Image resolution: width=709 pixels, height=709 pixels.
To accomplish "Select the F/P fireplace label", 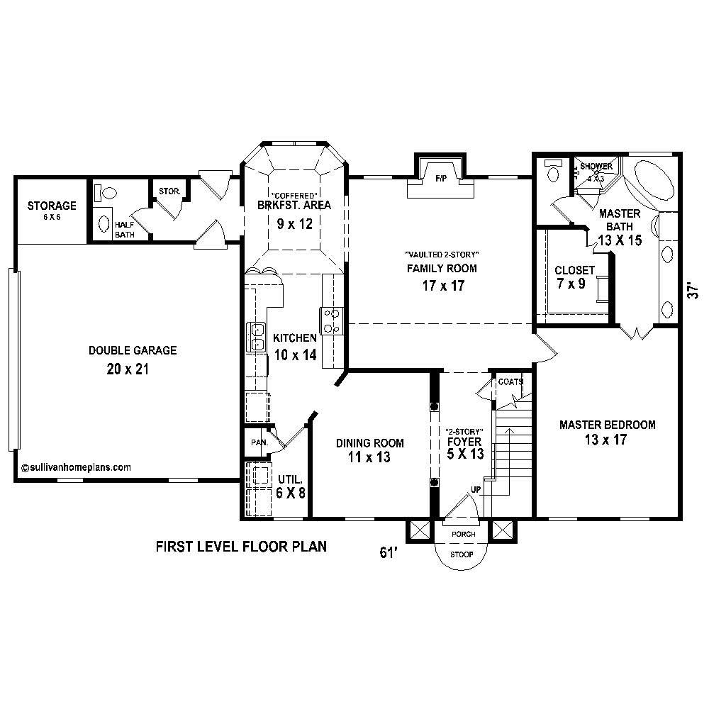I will tap(440, 181).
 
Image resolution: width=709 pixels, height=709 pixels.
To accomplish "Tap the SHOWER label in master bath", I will tap(596, 167).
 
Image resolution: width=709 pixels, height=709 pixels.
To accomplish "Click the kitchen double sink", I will tap(255, 337).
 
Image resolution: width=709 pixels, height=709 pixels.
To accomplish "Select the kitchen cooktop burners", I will tap(332, 320).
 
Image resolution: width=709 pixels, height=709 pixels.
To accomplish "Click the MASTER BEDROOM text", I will tap(607, 425).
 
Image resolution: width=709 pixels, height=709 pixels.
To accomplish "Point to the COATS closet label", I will tap(510, 382).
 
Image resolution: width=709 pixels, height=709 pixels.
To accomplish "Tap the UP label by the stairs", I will tap(475, 490).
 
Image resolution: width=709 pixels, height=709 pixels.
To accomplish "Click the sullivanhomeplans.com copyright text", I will tap(76, 468).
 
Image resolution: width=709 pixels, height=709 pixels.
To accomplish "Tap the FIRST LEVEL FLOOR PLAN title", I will tap(241, 547).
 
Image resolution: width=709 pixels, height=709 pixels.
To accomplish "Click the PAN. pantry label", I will tap(257, 442).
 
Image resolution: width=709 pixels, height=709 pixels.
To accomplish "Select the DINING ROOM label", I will tap(370, 443).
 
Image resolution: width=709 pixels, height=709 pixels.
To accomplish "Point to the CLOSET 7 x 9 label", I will tap(575, 270).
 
